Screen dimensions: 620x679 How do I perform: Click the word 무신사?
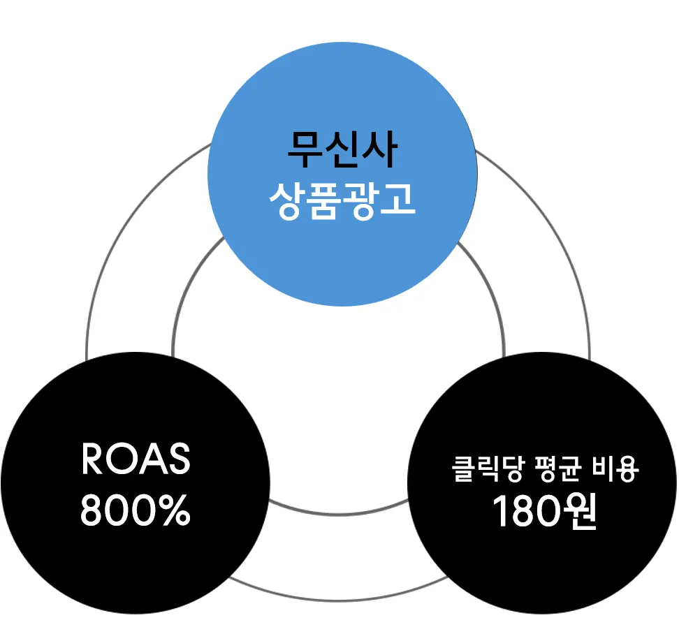click(342, 149)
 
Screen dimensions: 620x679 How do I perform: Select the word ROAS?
click(136, 459)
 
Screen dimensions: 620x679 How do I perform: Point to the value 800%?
click(136, 511)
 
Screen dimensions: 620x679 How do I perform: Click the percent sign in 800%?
click(174, 511)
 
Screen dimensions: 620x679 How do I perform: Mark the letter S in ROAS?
click(178, 459)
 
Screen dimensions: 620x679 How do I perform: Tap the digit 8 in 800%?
click(92, 511)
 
